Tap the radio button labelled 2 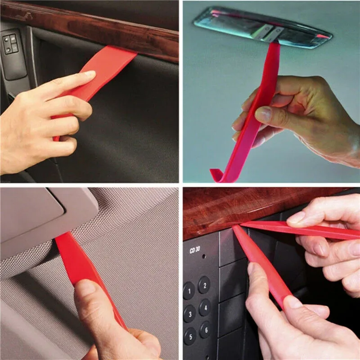[x=204, y=285]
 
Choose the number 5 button [x=189, y=336]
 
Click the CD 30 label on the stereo [x=194, y=251]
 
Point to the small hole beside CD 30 [x=203, y=256]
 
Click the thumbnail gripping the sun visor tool [x=86, y=288]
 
